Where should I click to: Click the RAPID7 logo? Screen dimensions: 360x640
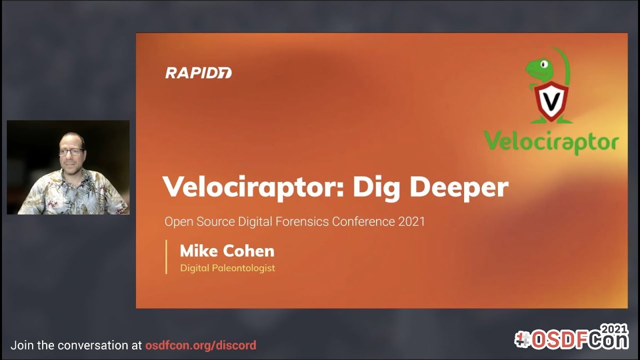click(x=198, y=73)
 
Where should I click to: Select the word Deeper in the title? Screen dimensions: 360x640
click(x=459, y=187)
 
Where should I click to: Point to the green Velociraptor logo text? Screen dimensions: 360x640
click(x=551, y=142)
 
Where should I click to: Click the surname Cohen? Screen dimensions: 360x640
click(x=248, y=250)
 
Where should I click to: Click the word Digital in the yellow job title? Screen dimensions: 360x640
click(x=194, y=268)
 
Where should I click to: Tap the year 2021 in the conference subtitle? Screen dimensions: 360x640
click(x=411, y=221)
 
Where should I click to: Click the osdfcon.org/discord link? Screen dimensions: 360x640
click(x=200, y=345)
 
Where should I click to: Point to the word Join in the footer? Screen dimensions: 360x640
click(x=21, y=345)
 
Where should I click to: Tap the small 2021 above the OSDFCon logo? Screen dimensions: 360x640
click(x=614, y=329)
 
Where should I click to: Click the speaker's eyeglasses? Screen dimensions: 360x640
click(x=71, y=151)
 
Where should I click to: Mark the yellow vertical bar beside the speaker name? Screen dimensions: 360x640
click(x=166, y=257)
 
